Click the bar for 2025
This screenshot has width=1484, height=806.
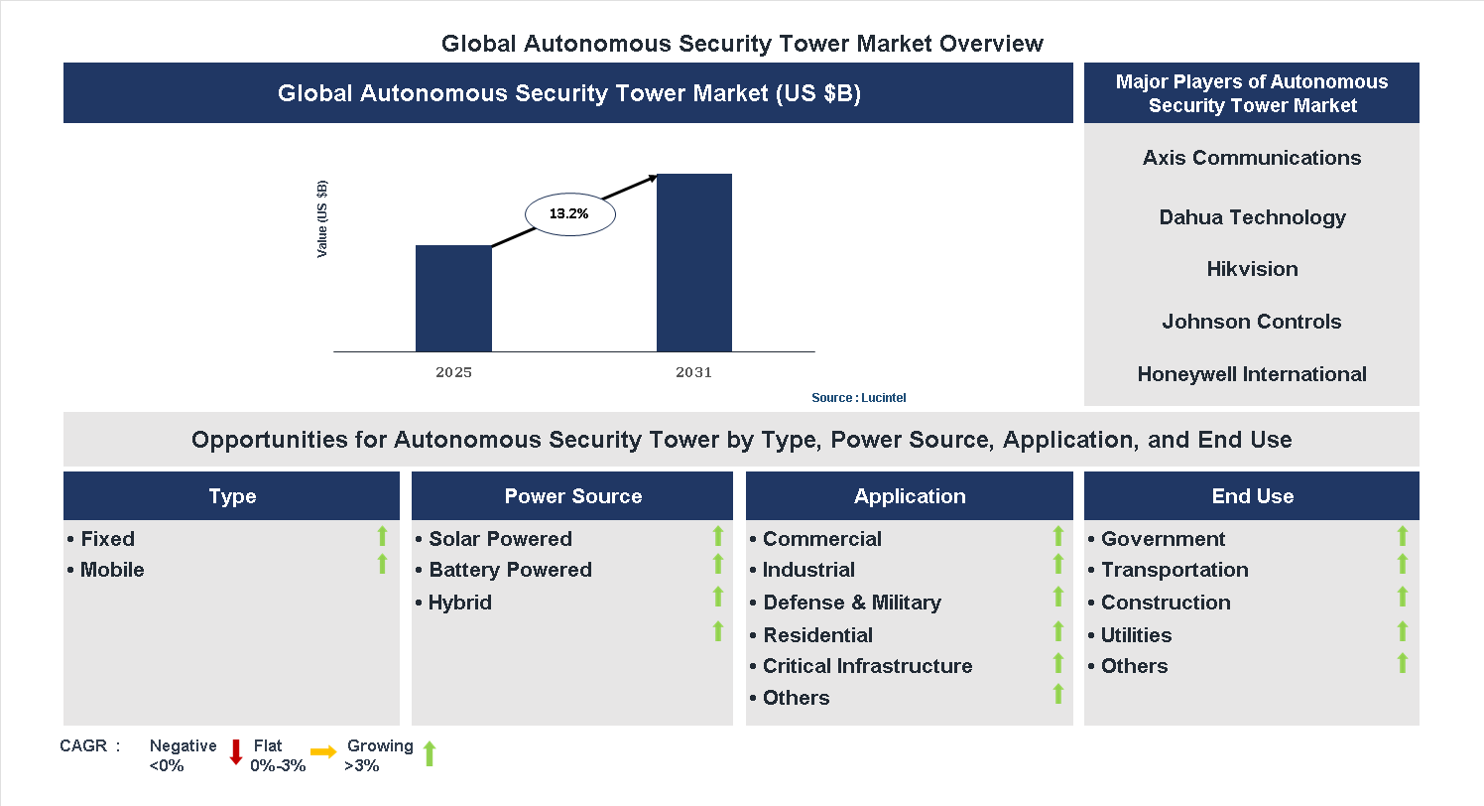click(x=453, y=298)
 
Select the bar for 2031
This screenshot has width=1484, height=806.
click(x=694, y=262)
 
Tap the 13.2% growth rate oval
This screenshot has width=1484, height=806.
click(x=569, y=213)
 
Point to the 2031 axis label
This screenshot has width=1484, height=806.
click(x=694, y=373)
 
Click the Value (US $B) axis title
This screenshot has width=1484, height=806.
click(x=322, y=219)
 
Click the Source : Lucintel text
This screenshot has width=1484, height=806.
click(x=858, y=398)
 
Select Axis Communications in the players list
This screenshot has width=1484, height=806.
click(x=1251, y=158)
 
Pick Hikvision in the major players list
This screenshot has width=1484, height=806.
click(x=1252, y=269)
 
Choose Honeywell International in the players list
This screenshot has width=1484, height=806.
click(x=1251, y=374)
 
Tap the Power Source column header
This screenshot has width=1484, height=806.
click(x=572, y=496)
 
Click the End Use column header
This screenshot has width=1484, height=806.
click(x=1252, y=496)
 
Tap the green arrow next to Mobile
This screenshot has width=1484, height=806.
click(x=382, y=565)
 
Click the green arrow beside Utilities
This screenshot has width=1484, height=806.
click(x=1403, y=631)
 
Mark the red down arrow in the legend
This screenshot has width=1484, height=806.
click(x=236, y=752)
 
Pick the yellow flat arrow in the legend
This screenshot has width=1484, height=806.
click(x=323, y=752)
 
